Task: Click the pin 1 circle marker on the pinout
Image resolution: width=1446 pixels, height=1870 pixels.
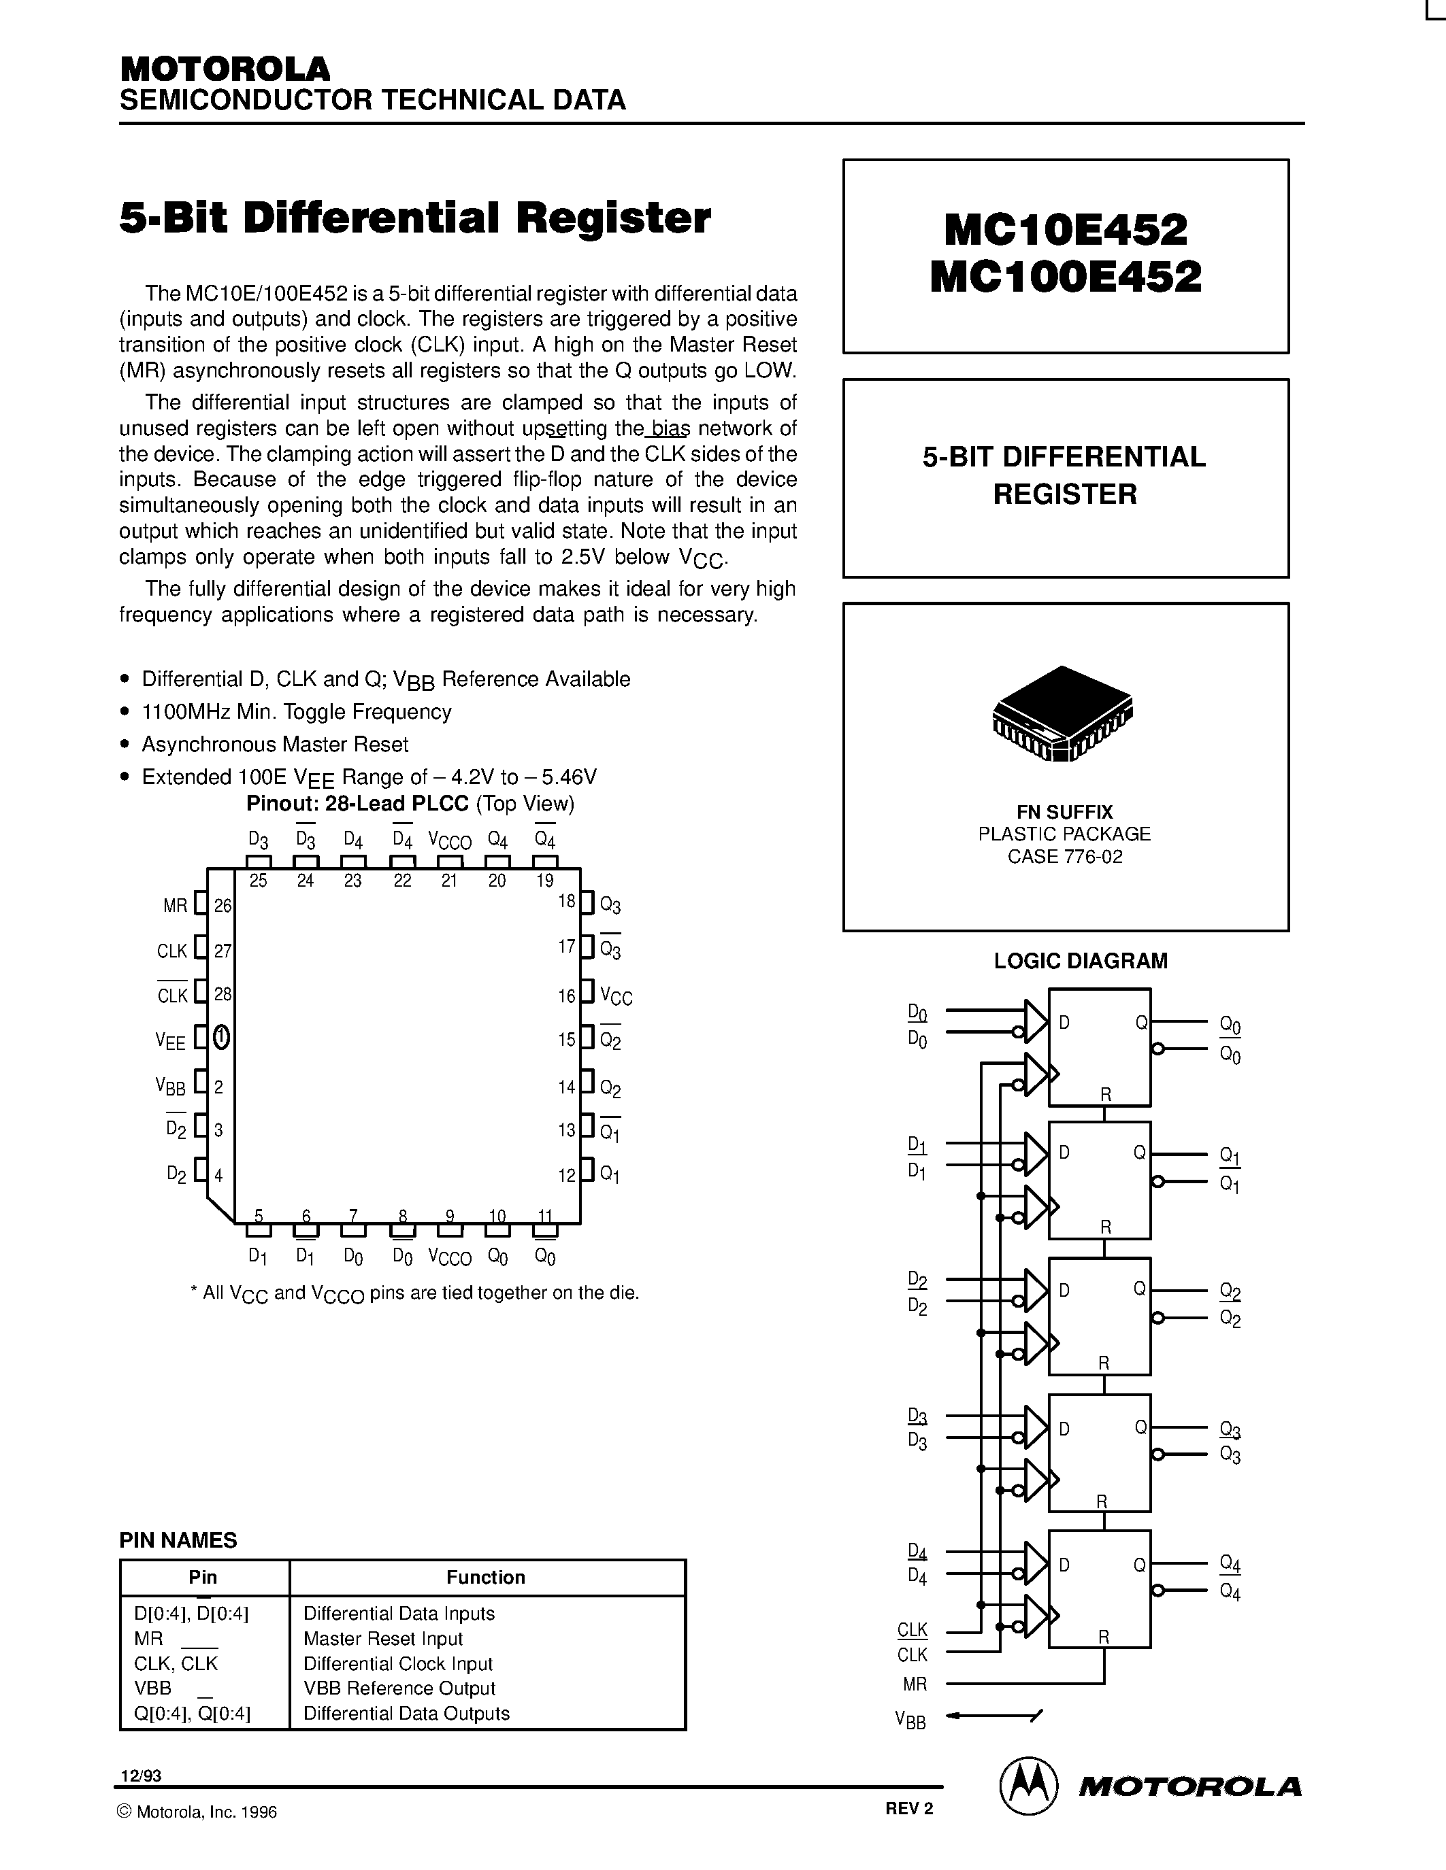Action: (221, 1038)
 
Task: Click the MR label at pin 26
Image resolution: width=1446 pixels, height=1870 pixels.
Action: (175, 906)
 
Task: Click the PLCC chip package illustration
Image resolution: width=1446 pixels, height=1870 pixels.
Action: (1062, 713)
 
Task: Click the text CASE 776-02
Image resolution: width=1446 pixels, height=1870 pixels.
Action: (1065, 856)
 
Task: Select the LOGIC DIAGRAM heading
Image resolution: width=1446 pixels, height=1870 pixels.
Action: (1080, 961)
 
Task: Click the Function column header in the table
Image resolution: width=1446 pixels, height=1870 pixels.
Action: (486, 1577)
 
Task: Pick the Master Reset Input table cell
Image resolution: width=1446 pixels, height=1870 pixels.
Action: (383, 1638)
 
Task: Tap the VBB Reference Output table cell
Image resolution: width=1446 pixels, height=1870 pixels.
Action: (399, 1688)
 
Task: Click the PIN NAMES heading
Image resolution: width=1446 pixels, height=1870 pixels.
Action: (178, 1540)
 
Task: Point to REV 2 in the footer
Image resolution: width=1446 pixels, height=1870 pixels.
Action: (909, 1808)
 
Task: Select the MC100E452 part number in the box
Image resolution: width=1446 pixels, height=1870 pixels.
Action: (1066, 277)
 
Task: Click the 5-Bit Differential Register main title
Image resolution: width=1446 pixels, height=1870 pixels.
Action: (414, 218)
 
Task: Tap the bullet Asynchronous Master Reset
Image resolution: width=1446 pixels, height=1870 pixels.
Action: (275, 744)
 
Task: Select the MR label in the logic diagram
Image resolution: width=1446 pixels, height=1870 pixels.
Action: (914, 1684)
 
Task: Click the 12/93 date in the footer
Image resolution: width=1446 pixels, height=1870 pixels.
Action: (140, 1775)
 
